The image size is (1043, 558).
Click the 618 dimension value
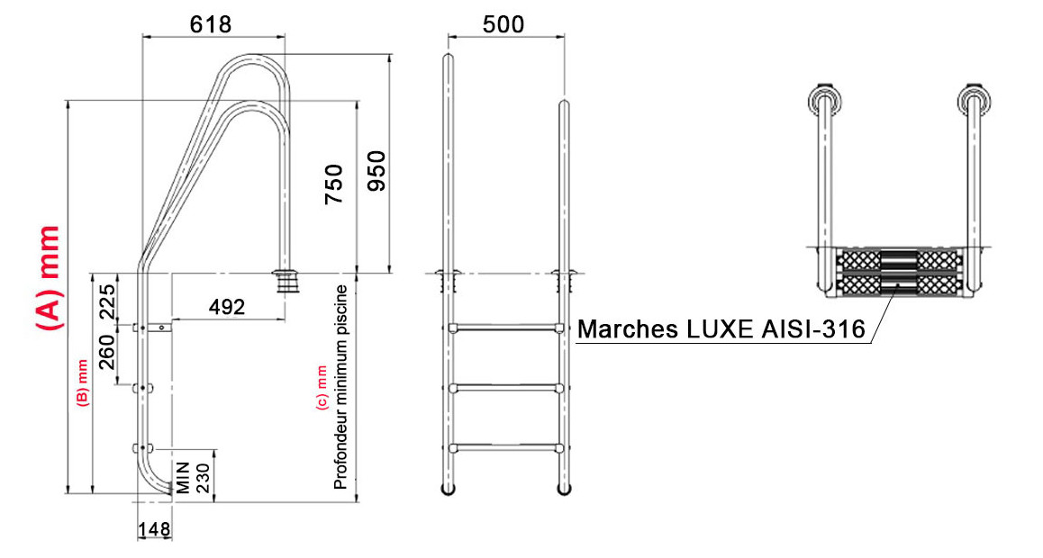[x=211, y=24]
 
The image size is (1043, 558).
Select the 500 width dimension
[x=503, y=24]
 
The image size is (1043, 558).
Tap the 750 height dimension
[x=332, y=184]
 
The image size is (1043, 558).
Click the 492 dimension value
[x=227, y=307]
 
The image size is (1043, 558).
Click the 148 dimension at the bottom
[x=155, y=530]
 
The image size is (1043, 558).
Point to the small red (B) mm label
[x=81, y=382]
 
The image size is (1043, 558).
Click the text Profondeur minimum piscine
[x=340, y=387]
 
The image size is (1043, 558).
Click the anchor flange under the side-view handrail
[x=286, y=280]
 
